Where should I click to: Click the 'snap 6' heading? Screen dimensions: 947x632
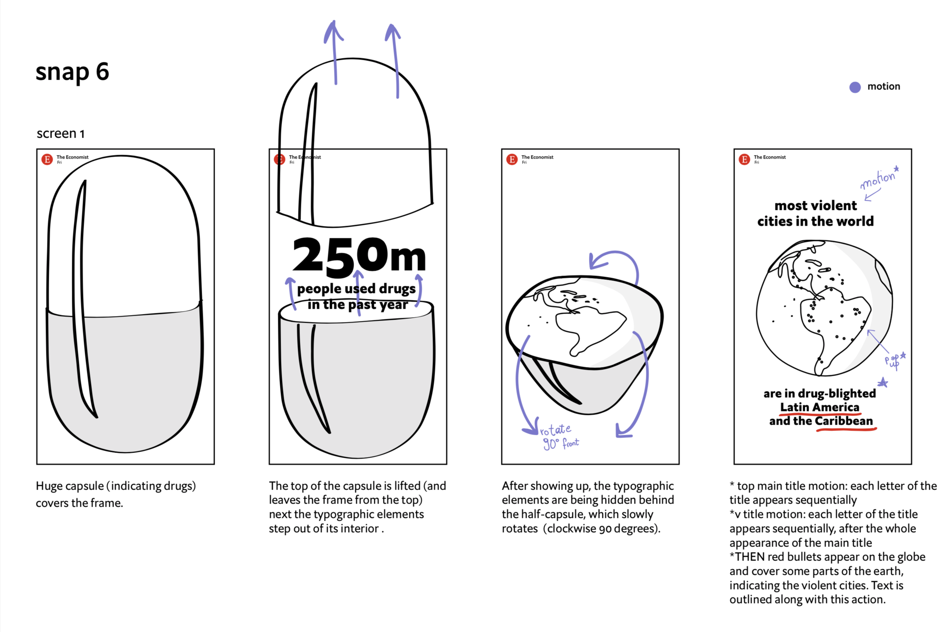[72, 72]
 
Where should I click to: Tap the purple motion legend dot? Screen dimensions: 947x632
[855, 87]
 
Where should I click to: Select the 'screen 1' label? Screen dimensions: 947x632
[61, 133]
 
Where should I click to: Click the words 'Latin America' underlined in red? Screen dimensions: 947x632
[820, 407]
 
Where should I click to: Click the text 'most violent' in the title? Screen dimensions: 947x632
[815, 206]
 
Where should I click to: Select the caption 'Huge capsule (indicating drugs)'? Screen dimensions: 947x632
[116, 486]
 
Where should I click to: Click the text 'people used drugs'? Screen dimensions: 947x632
[356, 289]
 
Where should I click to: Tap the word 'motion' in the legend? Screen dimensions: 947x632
[883, 87]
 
